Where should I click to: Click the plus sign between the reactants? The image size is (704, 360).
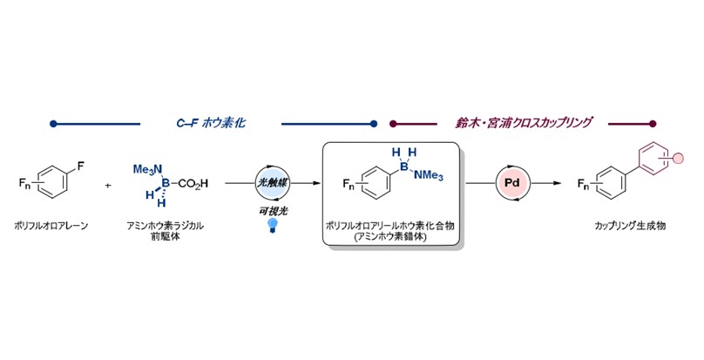point(108,185)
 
